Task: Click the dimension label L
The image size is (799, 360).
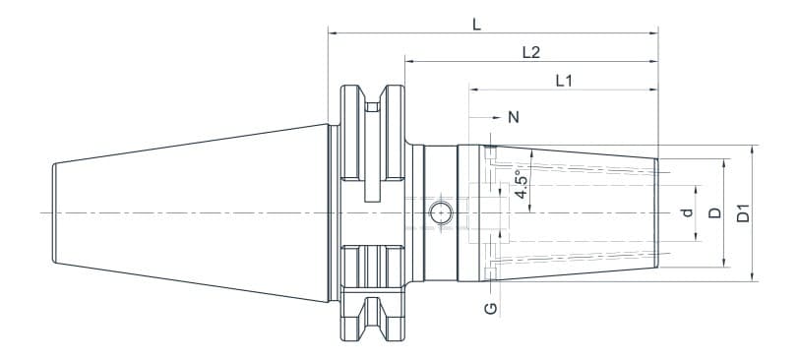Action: pyautogui.click(x=476, y=24)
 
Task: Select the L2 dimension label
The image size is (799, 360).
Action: pyautogui.click(x=530, y=52)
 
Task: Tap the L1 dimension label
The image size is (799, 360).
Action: pyautogui.click(x=564, y=81)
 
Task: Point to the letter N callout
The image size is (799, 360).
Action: pyautogui.click(x=513, y=117)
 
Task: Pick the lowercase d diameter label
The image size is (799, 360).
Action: pyautogui.click(x=688, y=212)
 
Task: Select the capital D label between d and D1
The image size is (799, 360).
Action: pyautogui.click(x=715, y=212)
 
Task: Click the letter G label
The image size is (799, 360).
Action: pyautogui.click(x=491, y=309)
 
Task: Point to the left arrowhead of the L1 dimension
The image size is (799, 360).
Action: pyautogui.click(x=473, y=90)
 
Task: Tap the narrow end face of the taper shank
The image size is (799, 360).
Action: pyautogui.click(x=53, y=212)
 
